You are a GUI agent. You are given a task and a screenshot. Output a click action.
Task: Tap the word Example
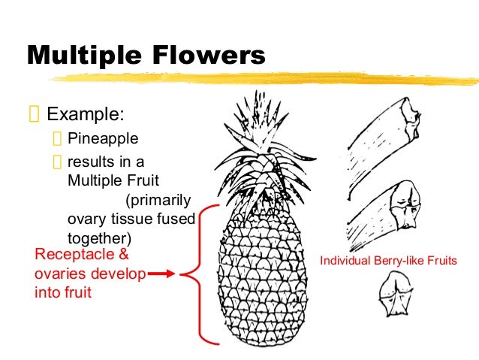pyautogui.click(x=86, y=115)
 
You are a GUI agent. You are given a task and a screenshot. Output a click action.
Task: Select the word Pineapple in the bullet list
pyautogui.click(x=103, y=139)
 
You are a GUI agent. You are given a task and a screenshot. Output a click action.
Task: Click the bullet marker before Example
pyautogui.click(x=32, y=115)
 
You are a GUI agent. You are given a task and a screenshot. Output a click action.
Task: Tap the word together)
pyautogui.click(x=98, y=237)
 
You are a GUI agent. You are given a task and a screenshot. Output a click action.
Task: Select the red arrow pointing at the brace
pyautogui.click(x=160, y=274)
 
